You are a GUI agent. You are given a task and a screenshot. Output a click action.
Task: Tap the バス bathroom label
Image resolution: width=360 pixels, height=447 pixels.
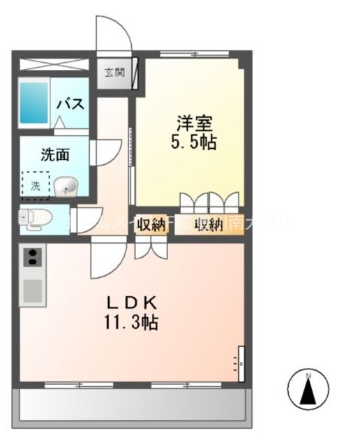[x=70, y=105]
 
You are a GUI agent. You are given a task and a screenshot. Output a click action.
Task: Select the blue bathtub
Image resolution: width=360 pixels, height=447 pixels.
[x=33, y=103]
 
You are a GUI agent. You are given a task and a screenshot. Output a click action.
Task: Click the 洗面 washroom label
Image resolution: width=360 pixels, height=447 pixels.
[x=54, y=155]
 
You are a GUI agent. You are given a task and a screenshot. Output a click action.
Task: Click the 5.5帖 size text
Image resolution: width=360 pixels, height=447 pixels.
[x=194, y=142]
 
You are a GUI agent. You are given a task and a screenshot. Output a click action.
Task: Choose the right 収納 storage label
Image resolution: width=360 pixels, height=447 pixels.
[x=208, y=225]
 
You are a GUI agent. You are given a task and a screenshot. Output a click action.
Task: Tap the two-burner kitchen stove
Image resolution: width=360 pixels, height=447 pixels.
[x=33, y=257]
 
